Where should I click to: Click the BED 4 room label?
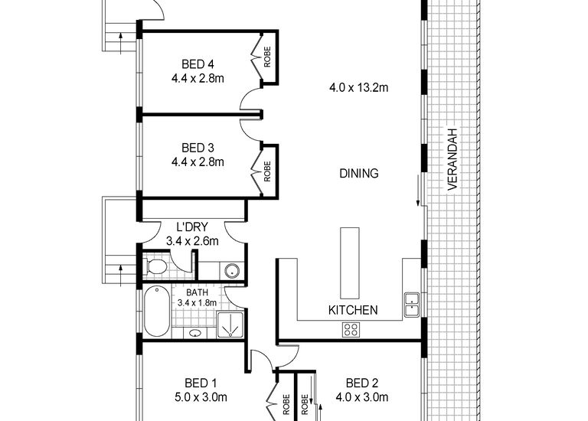[198, 64]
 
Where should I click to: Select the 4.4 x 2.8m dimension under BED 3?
[198, 162]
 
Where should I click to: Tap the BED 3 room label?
[198, 148]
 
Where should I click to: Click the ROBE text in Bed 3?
[267, 169]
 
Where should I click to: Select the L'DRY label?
[192, 227]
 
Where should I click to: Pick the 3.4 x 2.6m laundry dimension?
[192, 241]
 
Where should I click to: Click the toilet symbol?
[157, 267]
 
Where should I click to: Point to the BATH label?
[197, 291]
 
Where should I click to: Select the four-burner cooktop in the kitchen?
[351, 330]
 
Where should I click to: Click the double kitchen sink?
[412, 304]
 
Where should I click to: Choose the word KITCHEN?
[352, 310]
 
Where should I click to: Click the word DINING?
[358, 174]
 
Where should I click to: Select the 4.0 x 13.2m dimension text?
[358, 88]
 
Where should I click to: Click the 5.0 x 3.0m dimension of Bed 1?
[201, 397]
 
